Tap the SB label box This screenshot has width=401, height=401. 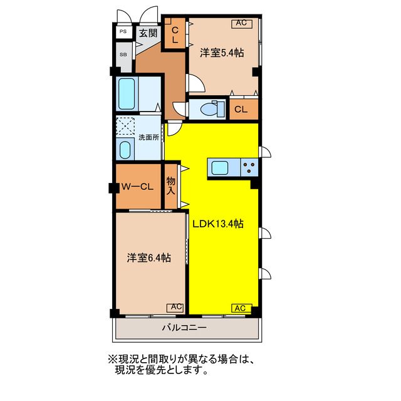(x=123, y=54)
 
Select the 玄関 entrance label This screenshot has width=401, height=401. (x=148, y=33)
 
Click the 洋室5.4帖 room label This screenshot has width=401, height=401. (x=221, y=53)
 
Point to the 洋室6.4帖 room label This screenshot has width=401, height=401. (x=150, y=257)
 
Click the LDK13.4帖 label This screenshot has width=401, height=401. (x=218, y=224)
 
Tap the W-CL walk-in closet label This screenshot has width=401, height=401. (x=137, y=186)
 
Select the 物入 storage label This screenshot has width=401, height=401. (x=170, y=185)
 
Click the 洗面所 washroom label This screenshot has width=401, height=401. (x=148, y=137)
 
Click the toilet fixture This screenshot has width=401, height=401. (x=207, y=109)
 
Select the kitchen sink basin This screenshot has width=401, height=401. (x=221, y=167)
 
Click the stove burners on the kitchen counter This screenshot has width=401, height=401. (x=249, y=167)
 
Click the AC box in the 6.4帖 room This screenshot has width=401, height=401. (x=175, y=307)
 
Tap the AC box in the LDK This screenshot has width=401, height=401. (x=241, y=308)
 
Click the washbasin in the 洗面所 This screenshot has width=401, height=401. (x=125, y=148)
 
